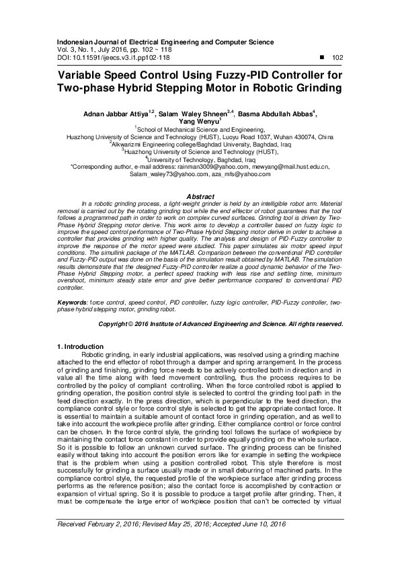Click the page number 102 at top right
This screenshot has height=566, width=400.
tap(337, 58)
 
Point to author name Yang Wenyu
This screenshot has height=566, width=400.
tap(198, 122)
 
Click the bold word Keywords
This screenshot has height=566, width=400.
tap(71, 304)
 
